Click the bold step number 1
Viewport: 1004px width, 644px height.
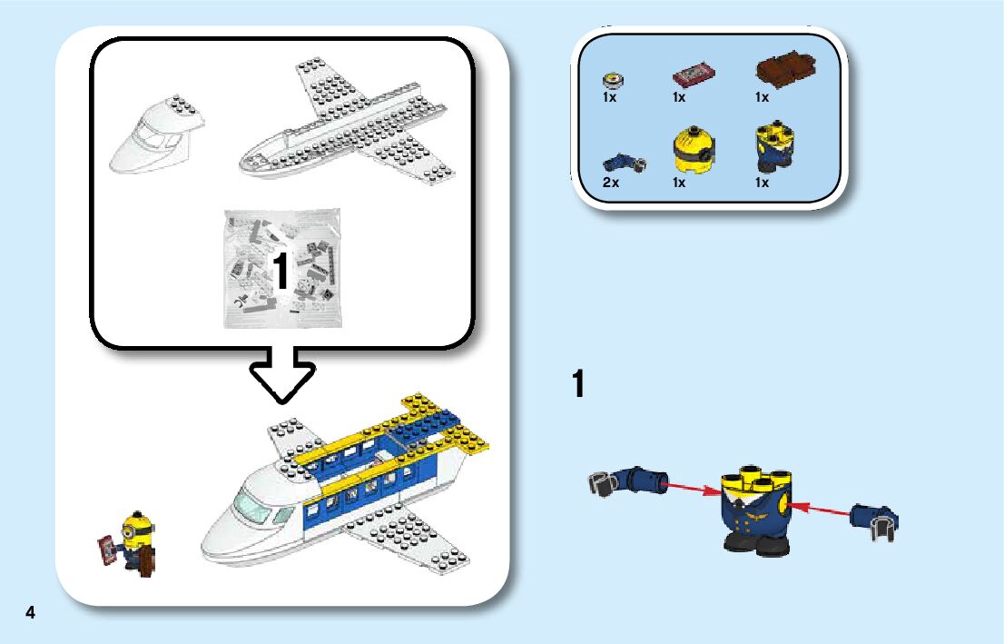coord(577,383)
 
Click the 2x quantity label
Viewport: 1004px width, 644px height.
coord(610,183)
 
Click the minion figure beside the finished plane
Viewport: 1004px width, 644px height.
coord(139,542)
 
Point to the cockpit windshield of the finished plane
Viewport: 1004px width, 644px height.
coord(252,503)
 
